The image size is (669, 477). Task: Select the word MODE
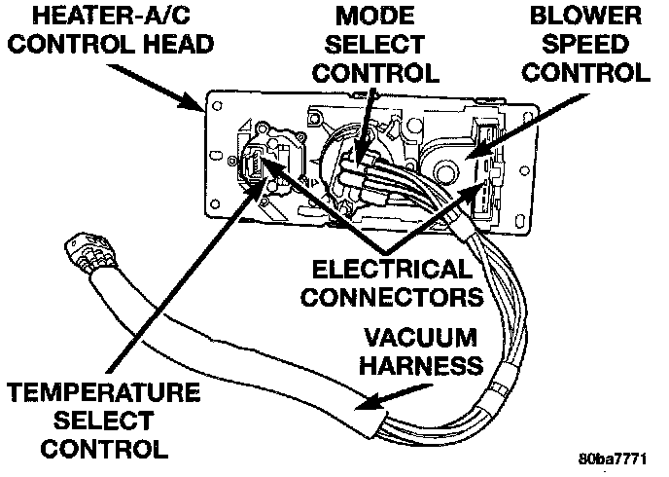tap(373, 16)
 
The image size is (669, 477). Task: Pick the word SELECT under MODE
tap(375, 45)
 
